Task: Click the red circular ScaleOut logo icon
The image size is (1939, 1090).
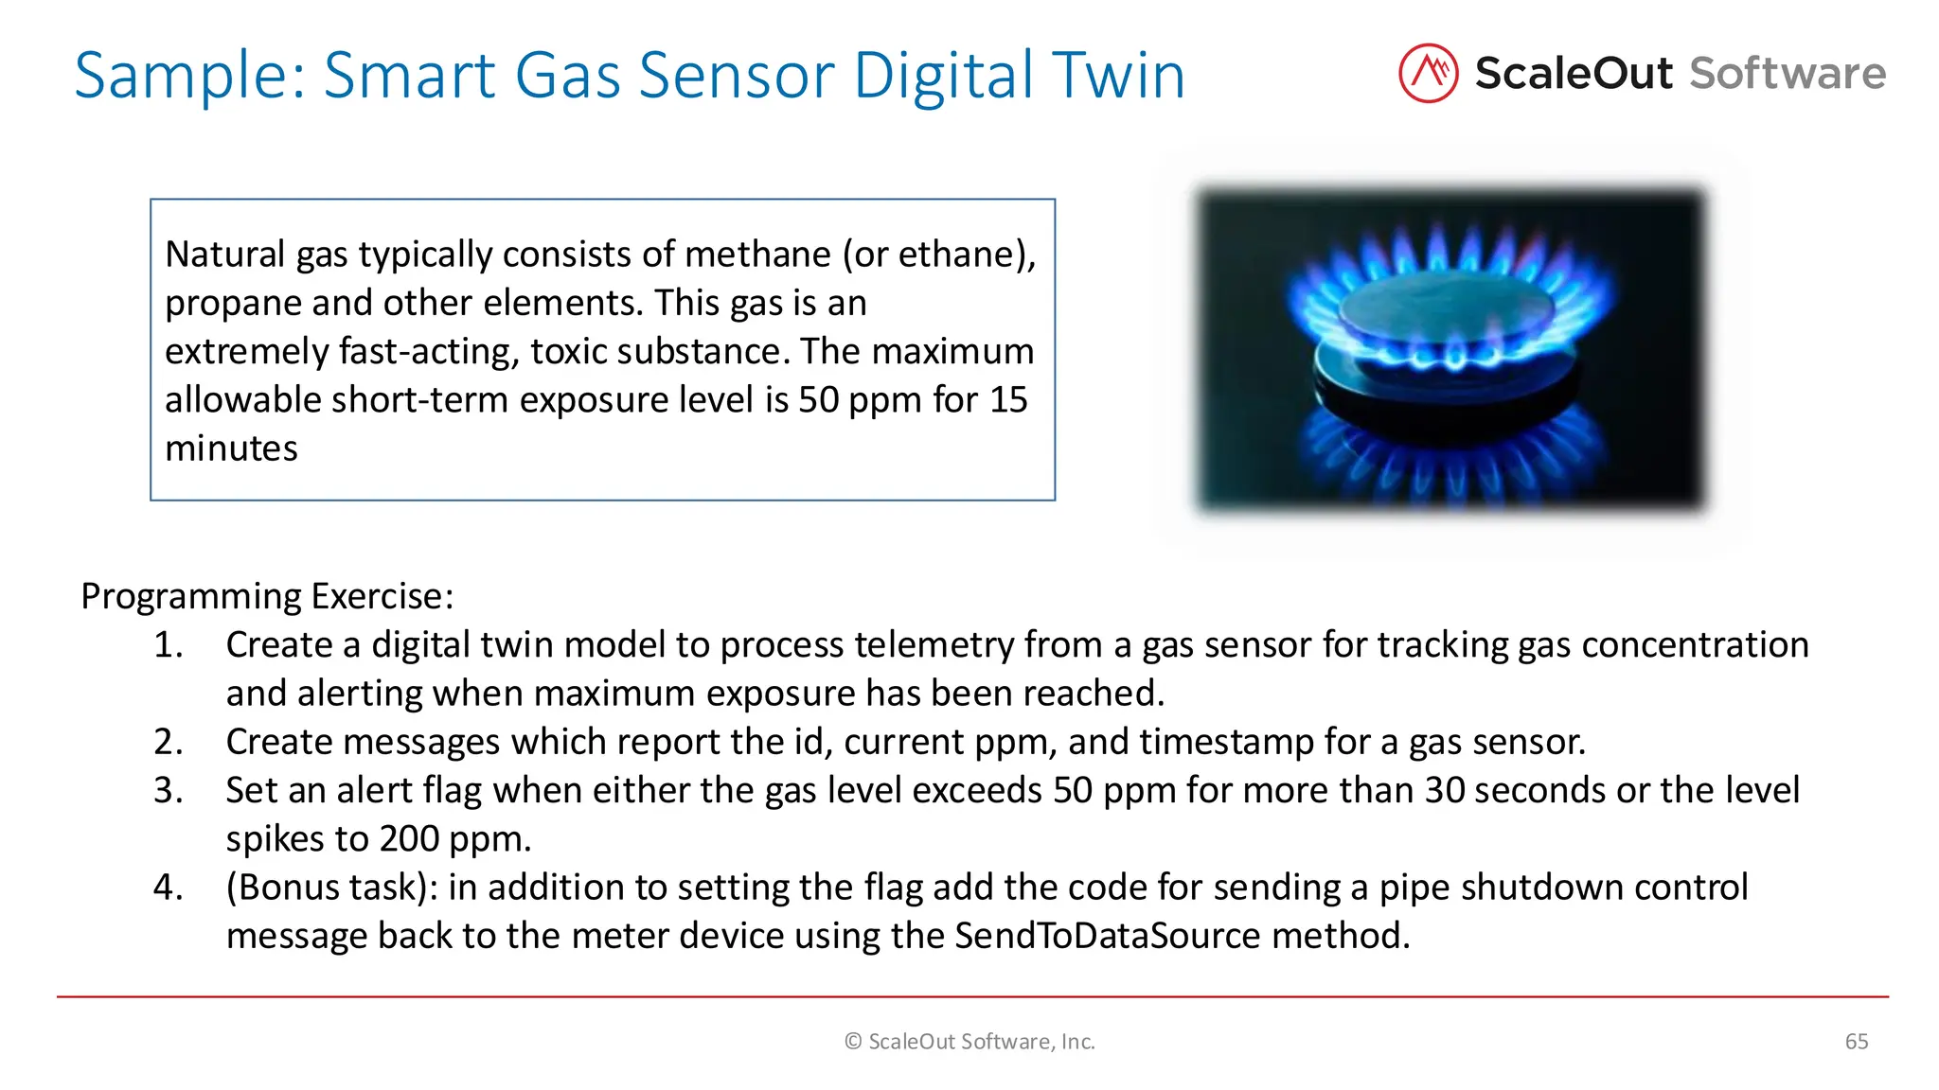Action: [1428, 73]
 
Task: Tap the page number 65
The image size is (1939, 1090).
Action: [1857, 1042]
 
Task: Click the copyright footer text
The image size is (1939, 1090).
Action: [969, 1042]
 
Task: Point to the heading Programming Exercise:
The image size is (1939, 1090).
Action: [267, 596]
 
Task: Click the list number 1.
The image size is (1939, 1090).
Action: [168, 645]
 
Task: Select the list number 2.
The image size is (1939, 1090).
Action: [168, 742]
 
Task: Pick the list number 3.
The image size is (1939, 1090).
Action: [168, 790]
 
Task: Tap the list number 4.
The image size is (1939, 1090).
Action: [168, 888]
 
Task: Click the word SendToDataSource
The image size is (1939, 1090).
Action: [1107, 936]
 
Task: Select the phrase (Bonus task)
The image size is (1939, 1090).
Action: [331, 888]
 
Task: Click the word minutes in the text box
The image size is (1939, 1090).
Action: [231, 448]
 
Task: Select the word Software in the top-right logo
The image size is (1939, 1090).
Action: [1788, 74]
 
